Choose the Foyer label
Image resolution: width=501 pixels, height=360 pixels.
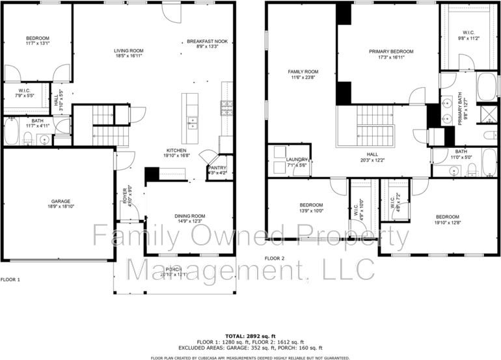(x=126, y=196)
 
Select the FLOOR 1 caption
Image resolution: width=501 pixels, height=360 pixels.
(x=10, y=280)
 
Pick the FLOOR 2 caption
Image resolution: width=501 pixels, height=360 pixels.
(x=274, y=258)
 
